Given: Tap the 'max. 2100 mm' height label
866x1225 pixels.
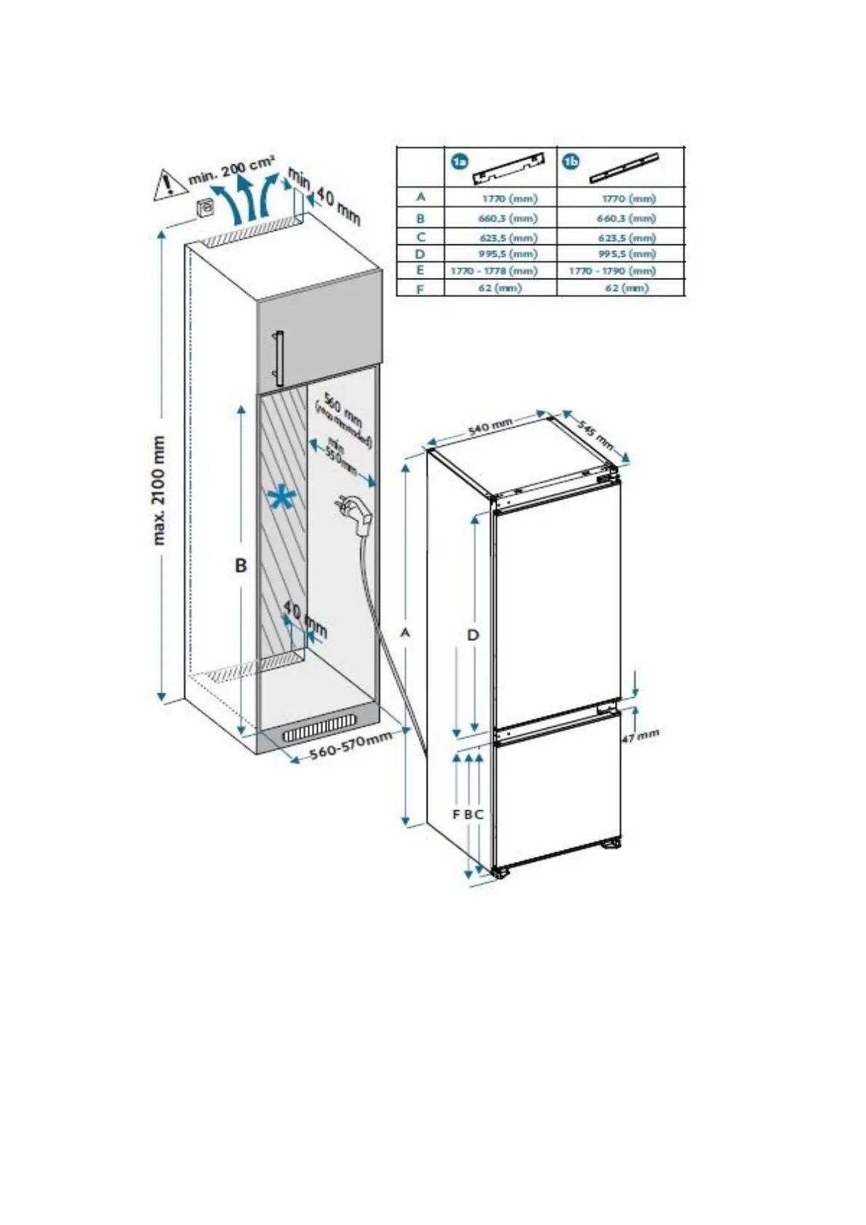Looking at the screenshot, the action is click(x=159, y=490).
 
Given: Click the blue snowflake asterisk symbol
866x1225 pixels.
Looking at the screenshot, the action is click(x=281, y=498).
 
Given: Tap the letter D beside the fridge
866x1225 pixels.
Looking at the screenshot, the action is click(x=473, y=635).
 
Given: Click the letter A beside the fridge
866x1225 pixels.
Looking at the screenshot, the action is click(x=406, y=633).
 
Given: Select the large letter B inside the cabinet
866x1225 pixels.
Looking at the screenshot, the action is click(x=241, y=564).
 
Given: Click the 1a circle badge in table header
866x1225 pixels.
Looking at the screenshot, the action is click(x=460, y=161).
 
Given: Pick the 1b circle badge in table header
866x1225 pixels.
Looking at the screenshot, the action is click(x=572, y=161).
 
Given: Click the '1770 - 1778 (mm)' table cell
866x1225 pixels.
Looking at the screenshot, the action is click(x=494, y=271).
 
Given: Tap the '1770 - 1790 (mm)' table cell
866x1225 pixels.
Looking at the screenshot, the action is click(x=612, y=271).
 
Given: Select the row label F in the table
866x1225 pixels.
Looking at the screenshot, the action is click(x=420, y=288).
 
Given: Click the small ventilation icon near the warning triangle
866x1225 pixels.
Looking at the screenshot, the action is click(x=207, y=207).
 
